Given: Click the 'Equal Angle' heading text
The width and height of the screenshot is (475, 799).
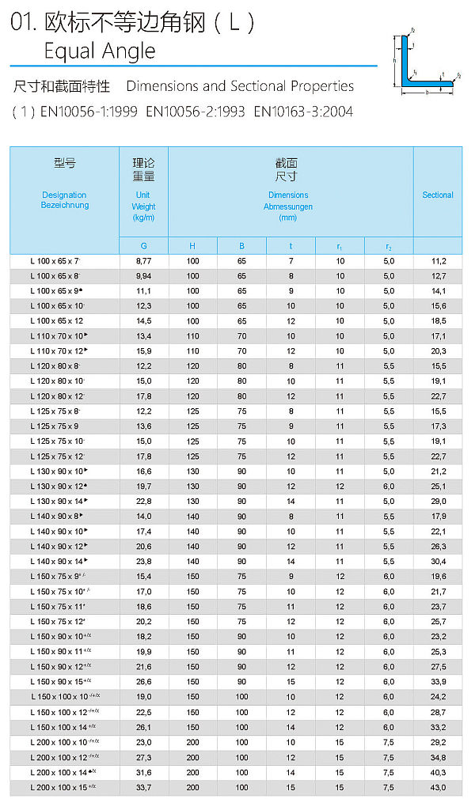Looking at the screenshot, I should pyautogui.click(x=100, y=52).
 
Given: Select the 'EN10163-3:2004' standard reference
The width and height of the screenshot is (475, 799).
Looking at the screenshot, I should pyautogui.click(x=303, y=112).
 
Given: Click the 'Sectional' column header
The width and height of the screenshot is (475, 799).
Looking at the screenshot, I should pyautogui.click(x=438, y=195).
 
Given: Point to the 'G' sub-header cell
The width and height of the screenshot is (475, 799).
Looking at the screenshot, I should pyautogui.click(x=143, y=246).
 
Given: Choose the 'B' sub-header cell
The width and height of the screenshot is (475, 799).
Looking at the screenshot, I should pyautogui.click(x=242, y=246).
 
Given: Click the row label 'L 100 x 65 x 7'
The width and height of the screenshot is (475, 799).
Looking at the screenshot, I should pyautogui.click(x=55, y=261).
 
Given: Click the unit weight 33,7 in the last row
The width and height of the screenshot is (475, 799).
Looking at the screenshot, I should pyautogui.click(x=143, y=787).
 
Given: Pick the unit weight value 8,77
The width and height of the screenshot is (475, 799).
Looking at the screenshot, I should pyautogui.click(x=143, y=261).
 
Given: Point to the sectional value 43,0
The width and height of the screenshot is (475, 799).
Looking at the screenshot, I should pyautogui.click(x=439, y=787).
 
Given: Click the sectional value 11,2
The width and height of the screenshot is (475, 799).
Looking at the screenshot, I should pyautogui.click(x=439, y=261).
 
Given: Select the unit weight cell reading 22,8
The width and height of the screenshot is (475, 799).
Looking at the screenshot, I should pyautogui.click(x=143, y=502).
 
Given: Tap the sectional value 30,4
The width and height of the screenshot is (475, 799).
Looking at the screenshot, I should pyautogui.click(x=439, y=562).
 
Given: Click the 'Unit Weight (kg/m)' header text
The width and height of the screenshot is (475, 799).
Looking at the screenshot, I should pyautogui.click(x=143, y=206).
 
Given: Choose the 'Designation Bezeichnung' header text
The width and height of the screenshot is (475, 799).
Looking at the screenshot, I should pyautogui.click(x=64, y=200).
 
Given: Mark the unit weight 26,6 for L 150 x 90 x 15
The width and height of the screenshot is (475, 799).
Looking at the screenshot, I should pyautogui.click(x=143, y=682).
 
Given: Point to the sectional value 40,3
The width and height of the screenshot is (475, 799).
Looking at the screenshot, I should pyautogui.click(x=439, y=772).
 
